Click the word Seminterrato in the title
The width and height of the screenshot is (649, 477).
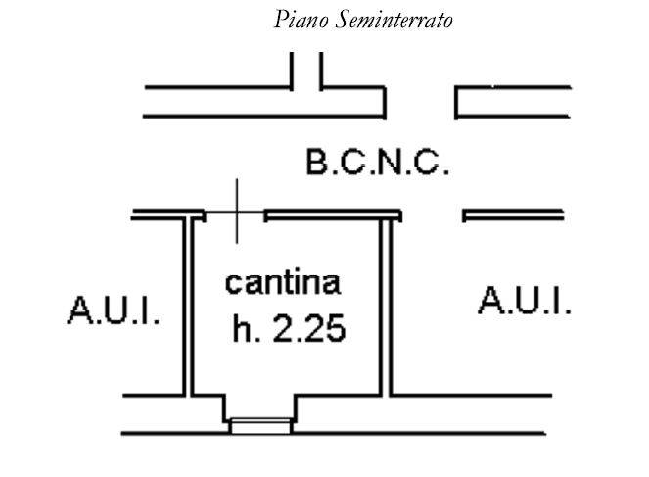tap(394, 20)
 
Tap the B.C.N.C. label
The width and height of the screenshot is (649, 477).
tap(378, 163)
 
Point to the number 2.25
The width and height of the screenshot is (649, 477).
tap(309, 328)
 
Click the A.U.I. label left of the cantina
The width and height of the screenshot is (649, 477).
tap(114, 310)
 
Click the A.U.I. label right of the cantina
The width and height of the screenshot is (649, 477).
tap(525, 301)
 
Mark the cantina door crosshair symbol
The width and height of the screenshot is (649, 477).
tap(236, 212)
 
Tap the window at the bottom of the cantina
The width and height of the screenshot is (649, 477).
tap(260, 426)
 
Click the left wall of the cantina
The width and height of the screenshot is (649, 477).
tap(188, 307)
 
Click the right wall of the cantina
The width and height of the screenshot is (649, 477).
tap(386, 308)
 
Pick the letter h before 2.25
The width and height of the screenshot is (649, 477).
tap(242, 328)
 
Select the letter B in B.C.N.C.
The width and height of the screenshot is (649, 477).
tap(317, 163)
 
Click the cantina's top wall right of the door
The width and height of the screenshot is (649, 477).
tap(333, 215)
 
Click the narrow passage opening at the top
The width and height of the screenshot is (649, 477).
tap(306, 71)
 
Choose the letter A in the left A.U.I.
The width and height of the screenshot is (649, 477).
tap(79, 310)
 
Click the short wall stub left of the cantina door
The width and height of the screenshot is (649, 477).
tap(168, 215)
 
